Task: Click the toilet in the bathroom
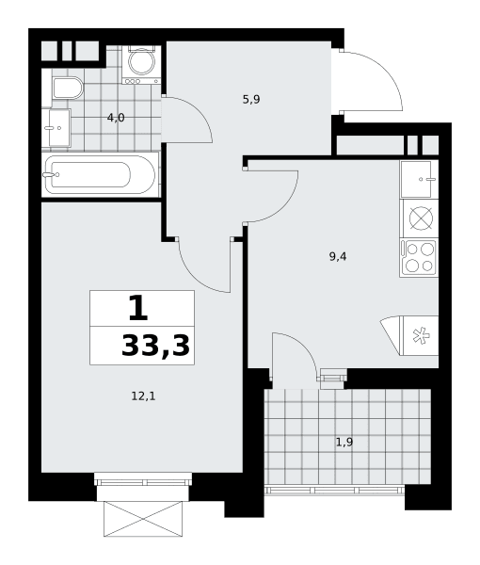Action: click(68, 88)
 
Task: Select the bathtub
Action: click(100, 175)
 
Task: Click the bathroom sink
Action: click(56, 128)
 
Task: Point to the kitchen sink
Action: click(419, 179)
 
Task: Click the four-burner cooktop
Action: click(419, 258)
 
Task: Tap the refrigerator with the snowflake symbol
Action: click(419, 335)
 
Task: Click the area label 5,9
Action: click(251, 99)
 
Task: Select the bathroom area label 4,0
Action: click(116, 118)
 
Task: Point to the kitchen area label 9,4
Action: click(338, 256)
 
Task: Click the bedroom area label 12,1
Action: click(143, 396)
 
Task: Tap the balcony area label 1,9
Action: click(344, 442)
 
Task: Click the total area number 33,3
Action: click(155, 346)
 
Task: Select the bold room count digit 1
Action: click(138, 308)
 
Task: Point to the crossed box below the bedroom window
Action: click(143, 519)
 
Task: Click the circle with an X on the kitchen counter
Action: click(422, 218)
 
